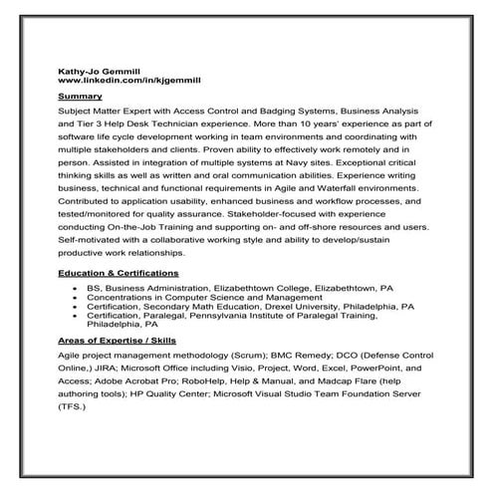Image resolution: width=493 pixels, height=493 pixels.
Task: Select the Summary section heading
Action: [81, 96]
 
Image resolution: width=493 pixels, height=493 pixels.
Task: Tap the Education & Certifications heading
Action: [119, 272]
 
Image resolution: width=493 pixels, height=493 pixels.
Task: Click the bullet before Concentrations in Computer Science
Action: [77, 296]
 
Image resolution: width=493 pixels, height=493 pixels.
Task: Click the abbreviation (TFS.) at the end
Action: [74, 408]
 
